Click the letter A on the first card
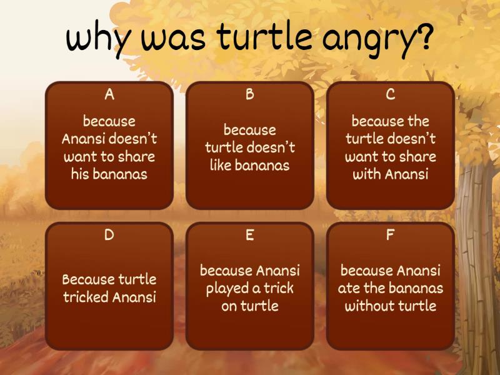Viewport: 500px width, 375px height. point(109,94)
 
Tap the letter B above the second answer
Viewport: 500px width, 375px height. point(250,94)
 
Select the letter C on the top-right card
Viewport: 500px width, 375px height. point(391,94)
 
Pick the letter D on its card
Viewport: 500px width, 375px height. point(109,236)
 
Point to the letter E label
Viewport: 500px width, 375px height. point(250,236)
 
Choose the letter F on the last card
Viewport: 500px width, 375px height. point(391,236)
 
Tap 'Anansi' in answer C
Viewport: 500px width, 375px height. point(406,174)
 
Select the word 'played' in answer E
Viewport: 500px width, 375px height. point(227,289)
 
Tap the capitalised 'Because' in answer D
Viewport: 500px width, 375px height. point(89,279)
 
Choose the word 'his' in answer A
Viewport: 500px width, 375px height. point(80,174)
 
